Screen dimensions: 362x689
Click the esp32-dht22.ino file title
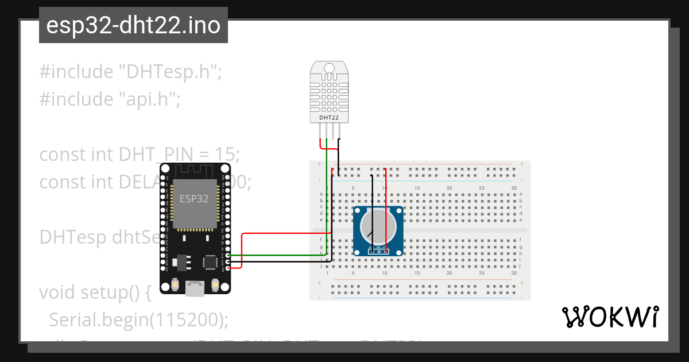133,26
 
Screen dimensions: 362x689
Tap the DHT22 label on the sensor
328,118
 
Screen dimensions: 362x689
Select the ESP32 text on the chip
194,199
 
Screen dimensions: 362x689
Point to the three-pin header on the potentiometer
378,251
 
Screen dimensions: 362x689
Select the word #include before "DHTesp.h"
76,72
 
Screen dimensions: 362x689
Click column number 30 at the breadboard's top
514,188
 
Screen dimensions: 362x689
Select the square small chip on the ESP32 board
209,262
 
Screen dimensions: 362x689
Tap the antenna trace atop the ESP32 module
195,170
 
